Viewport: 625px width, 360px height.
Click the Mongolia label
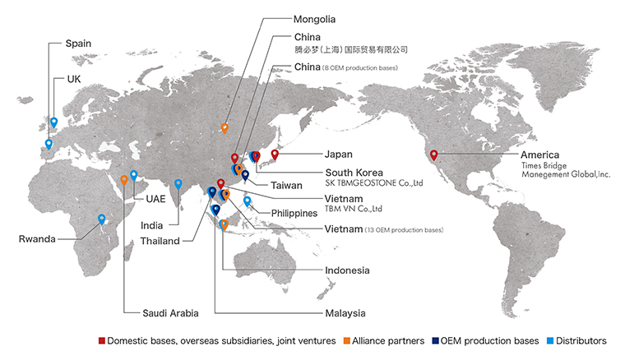(x=315, y=18)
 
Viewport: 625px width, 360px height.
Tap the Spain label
(x=78, y=43)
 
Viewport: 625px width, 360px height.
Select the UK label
(x=73, y=81)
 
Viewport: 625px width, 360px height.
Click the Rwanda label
(x=37, y=239)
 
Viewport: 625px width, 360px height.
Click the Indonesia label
(x=347, y=270)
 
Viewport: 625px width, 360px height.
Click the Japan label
(x=338, y=154)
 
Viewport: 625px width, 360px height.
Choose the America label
(x=539, y=155)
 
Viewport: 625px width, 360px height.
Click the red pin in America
(x=434, y=155)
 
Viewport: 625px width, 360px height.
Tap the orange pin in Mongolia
(x=225, y=128)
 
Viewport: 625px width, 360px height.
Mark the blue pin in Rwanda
(x=102, y=219)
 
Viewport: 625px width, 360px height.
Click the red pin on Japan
(x=275, y=155)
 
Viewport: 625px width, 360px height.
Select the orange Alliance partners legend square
(x=349, y=340)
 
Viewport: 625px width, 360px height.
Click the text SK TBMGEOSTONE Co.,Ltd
(x=373, y=182)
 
